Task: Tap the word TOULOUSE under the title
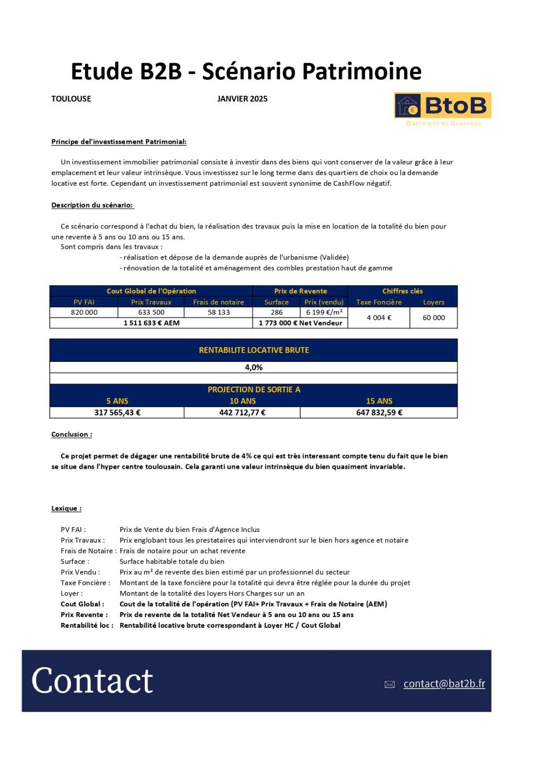pos(71,99)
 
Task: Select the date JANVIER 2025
pos(242,99)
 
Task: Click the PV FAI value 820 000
pos(84,312)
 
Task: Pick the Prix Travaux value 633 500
pos(151,312)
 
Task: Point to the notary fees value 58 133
pos(218,312)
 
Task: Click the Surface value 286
pos(277,312)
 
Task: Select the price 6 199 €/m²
pos(324,312)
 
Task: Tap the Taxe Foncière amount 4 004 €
pos(379,318)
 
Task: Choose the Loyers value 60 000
pos(433,318)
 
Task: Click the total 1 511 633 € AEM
pos(151,323)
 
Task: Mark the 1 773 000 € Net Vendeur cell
pos(300,323)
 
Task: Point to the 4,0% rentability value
pos(253,368)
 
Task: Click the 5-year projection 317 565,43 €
pos(117,412)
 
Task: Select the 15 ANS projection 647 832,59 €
pos(379,412)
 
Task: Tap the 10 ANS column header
pos(242,401)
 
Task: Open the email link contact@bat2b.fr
pos(444,684)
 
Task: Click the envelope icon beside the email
pos(390,685)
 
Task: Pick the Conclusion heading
pos(71,434)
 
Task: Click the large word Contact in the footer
pos(92,681)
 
